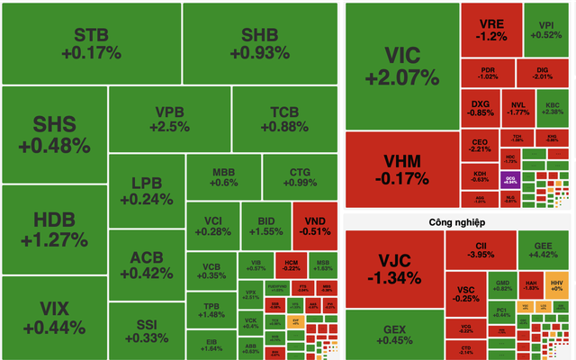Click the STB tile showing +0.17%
(91, 42)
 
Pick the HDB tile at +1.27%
(54, 229)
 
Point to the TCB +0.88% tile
(290, 119)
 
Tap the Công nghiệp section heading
(457, 220)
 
